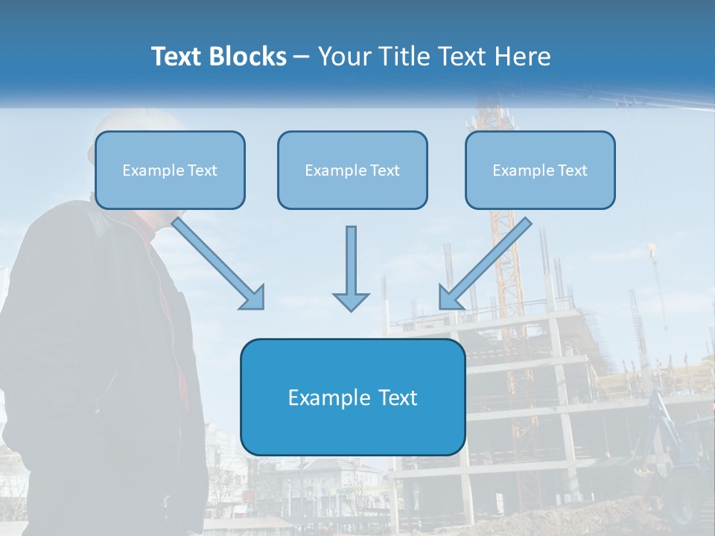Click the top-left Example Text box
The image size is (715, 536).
click(170, 170)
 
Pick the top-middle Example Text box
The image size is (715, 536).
click(352, 170)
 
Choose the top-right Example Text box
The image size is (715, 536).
click(540, 170)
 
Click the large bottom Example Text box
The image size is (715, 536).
click(352, 397)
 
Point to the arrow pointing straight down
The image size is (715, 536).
click(351, 268)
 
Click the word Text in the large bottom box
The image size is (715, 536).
click(397, 398)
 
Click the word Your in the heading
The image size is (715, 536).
click(345, 57)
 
